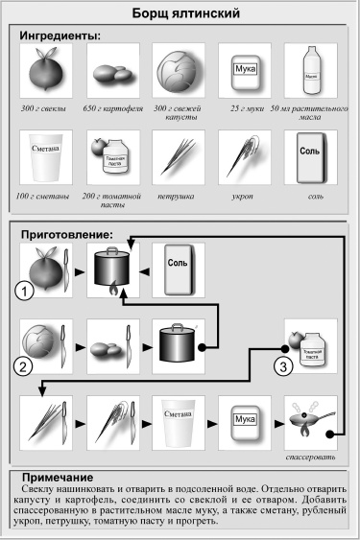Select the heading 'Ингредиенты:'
(x=60, y=35)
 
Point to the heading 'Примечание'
(x=60, y=477)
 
